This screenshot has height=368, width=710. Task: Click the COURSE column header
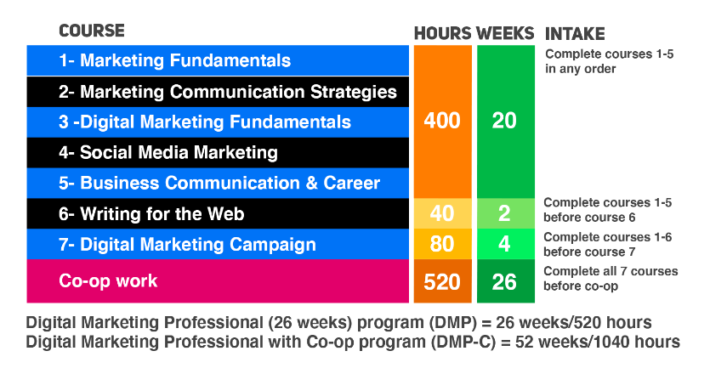click(92, 31)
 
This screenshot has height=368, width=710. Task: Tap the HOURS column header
click(443, 33)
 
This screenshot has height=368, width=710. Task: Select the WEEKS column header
click(505, 33)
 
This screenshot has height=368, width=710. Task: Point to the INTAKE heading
click(575, 34)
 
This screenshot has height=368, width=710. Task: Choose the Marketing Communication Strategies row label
click(228, 92)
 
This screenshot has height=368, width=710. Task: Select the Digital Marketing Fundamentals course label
click(205, 122)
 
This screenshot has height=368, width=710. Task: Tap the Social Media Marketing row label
click(168, 152)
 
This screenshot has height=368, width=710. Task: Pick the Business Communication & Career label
click(219, 184)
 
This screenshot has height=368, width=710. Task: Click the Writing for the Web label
click(151, 213)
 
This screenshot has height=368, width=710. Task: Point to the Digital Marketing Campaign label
click(187, 245)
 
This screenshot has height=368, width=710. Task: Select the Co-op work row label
click(108, 281)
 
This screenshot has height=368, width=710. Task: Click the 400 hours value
click(442, 121)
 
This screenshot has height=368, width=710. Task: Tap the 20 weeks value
click(504, 121)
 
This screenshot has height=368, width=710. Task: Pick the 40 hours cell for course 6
click(442, 213)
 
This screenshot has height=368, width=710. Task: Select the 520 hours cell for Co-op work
click(442, 281)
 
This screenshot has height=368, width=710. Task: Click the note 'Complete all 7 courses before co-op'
click(611, 279)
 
